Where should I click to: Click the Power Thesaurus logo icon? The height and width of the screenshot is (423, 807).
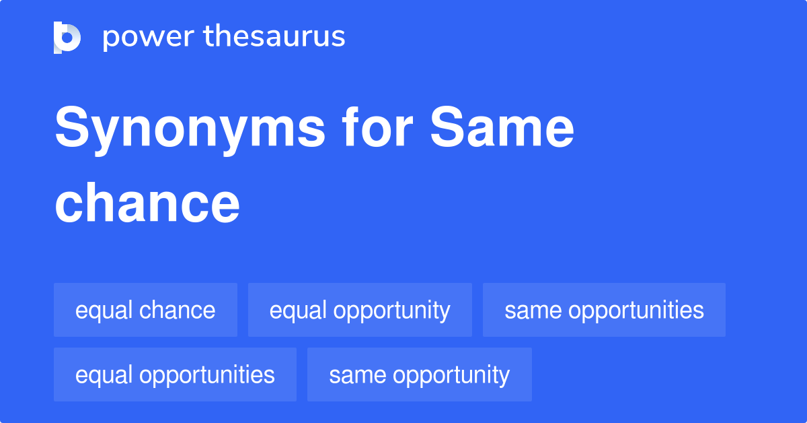click(x=67, y=37)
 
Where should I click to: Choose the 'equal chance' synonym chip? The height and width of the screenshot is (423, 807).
click(x=145, y=310)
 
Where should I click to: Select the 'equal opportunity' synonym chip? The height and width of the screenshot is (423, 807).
click(x=360, y=310)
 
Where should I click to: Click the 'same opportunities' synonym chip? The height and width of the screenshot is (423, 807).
click(x=604, y=310)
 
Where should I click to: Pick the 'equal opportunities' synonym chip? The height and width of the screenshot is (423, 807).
click(x=175, y=375)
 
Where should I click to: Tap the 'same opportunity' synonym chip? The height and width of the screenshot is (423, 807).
click(x=419, y=375)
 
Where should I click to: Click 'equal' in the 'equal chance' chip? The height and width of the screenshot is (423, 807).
click(x=104, y=310)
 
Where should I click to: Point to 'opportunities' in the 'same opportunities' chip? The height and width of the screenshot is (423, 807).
click(x=636, y=311)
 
